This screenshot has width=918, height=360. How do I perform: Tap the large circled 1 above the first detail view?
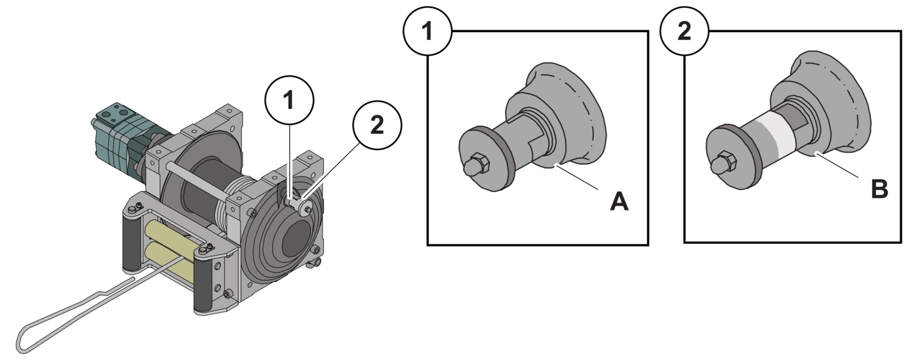tap(427, 31)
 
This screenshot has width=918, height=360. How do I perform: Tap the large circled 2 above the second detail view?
tap(684, 31)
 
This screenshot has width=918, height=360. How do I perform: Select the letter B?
tap(879, 190)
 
